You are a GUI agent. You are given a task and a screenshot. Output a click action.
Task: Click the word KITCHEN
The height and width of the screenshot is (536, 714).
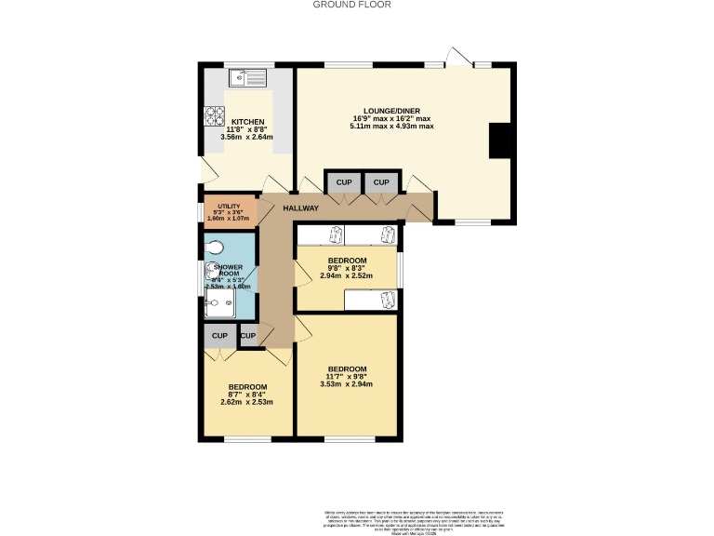coord(248,122)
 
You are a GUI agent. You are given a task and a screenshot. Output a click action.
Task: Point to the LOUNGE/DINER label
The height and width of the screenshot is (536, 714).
coord(391,110)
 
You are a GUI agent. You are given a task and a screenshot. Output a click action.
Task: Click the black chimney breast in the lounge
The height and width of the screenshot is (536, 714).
coord(500,141)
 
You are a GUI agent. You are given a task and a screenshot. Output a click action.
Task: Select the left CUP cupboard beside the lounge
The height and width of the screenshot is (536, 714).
coord(343,182)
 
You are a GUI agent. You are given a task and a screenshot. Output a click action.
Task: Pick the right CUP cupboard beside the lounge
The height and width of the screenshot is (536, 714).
coord(382,182)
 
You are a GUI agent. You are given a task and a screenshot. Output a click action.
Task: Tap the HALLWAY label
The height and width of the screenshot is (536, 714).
coord(301,208)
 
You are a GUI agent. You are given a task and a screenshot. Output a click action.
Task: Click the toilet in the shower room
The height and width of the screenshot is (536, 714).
coord(214,248)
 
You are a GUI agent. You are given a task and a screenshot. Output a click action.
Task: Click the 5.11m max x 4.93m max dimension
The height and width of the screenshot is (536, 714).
coord(391,127)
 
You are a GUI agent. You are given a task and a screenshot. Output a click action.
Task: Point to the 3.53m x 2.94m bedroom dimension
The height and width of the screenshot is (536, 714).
coord(346,383)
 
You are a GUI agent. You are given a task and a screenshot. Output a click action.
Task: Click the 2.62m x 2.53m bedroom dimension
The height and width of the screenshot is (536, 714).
coord(248,402)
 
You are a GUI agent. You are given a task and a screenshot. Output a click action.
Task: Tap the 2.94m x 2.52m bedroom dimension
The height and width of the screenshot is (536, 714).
coord(346,275)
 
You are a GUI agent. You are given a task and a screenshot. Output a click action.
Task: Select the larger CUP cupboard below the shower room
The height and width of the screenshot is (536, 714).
coord(219,335)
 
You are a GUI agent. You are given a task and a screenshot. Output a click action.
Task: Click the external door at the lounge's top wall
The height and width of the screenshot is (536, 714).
coord(456,58)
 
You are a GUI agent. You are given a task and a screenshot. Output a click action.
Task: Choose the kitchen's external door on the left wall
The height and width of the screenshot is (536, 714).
coord(209,169)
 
